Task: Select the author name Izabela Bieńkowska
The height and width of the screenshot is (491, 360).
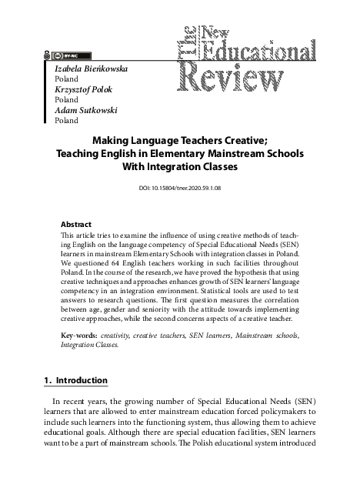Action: click(91, 68)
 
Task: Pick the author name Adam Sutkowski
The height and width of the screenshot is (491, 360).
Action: click(85, 110)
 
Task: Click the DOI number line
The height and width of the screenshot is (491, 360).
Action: click(180, 187)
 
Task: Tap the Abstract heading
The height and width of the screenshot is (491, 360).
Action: click(75, 224)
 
